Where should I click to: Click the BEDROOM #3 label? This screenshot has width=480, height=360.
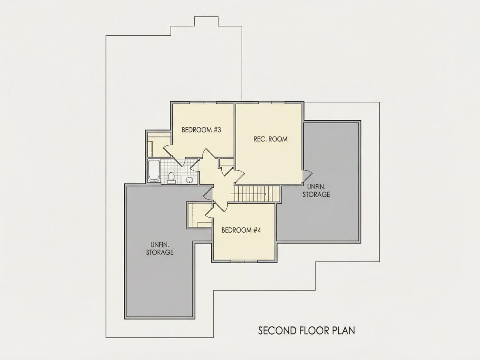201,130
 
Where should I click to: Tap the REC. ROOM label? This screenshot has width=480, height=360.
270,139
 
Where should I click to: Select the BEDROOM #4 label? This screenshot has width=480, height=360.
241,230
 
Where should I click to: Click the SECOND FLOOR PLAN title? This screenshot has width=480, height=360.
306,331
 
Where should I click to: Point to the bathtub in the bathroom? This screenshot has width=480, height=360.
153,171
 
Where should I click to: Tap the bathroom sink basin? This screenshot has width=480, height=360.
189,180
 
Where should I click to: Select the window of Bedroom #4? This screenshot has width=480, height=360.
244,261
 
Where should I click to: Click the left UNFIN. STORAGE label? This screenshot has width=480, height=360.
159,248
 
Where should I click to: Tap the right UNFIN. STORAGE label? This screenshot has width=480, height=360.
316,190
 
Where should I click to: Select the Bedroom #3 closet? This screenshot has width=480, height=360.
159,144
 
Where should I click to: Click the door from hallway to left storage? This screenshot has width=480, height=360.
208,193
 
